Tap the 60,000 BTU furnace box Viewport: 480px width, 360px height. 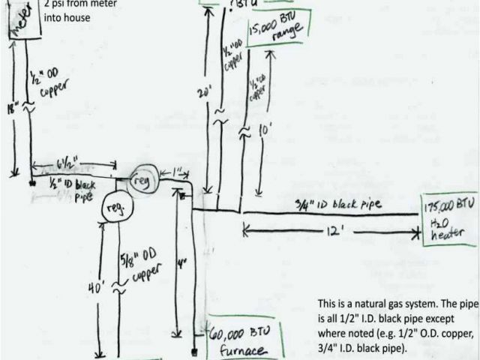(238, 340)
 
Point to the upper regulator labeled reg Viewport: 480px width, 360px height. (142, 181)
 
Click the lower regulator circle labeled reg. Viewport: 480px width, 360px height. (116, 208)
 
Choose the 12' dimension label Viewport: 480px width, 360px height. (325, 233)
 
